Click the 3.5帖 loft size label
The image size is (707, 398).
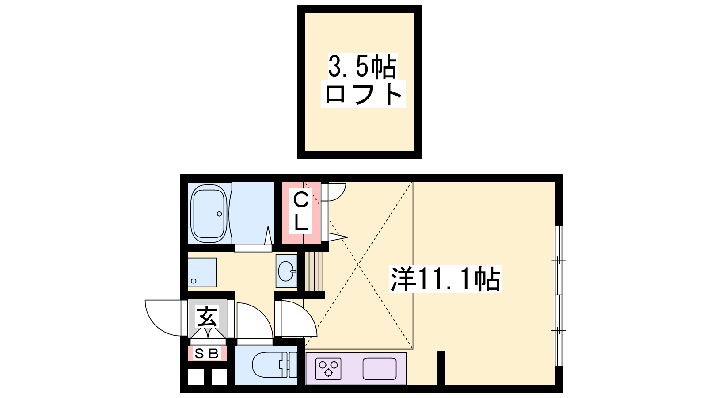(x=362, y=67)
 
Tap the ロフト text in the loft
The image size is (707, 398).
(x=363, y=94)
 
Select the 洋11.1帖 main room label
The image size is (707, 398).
(x=445, y=279)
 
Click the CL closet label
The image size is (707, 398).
(x=301, y=211)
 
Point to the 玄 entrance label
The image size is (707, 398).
(x=207, y=316)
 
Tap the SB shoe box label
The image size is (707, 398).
(x=207, y=354)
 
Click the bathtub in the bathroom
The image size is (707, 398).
(x=209, y=214)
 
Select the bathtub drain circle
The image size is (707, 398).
(x=219, y=214)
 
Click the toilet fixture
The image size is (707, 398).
(x=274, y=365)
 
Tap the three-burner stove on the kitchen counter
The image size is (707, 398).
(x=328, y=369)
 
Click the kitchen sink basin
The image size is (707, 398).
(x=380, y=369)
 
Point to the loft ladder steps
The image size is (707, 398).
(x=314, y=271)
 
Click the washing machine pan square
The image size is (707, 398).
(x=202, y=272)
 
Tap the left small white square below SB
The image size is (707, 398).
(x=196, y=376)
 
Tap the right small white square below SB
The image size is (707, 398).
(x=219, y=376)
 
